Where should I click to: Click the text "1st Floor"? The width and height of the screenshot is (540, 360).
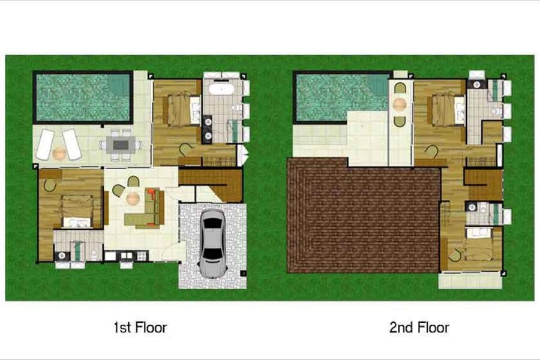point(140,327)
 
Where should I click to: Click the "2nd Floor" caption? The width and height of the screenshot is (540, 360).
point(419,327)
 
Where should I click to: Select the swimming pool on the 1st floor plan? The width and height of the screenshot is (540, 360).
point(83,97)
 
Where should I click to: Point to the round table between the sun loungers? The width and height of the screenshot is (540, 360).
point(59,152)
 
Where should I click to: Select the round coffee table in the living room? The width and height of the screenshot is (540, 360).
point(133,199)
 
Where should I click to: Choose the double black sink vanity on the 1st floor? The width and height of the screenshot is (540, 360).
point(208,128)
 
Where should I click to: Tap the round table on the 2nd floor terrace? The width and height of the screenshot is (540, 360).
point(400,103)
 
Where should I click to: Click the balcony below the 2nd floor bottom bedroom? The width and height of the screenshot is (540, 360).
point(470,280)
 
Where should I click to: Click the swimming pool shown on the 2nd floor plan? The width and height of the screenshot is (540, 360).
point(341,97)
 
